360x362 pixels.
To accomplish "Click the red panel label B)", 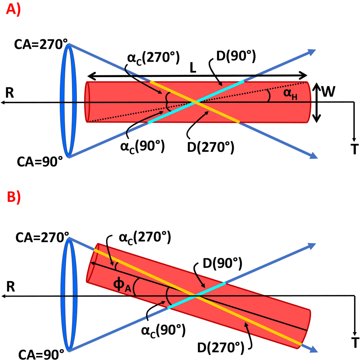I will click(13, 198).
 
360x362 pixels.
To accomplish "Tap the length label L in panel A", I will click(193, 68).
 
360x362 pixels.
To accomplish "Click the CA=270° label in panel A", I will click(41, 45).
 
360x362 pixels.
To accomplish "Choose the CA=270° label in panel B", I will click(42, 237).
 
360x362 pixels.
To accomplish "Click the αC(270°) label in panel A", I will click(153, 57).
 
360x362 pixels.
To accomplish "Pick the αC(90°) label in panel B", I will click(163, 330).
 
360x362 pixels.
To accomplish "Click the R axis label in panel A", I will click(10, 93).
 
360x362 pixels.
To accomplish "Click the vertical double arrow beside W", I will click(316, 102).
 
